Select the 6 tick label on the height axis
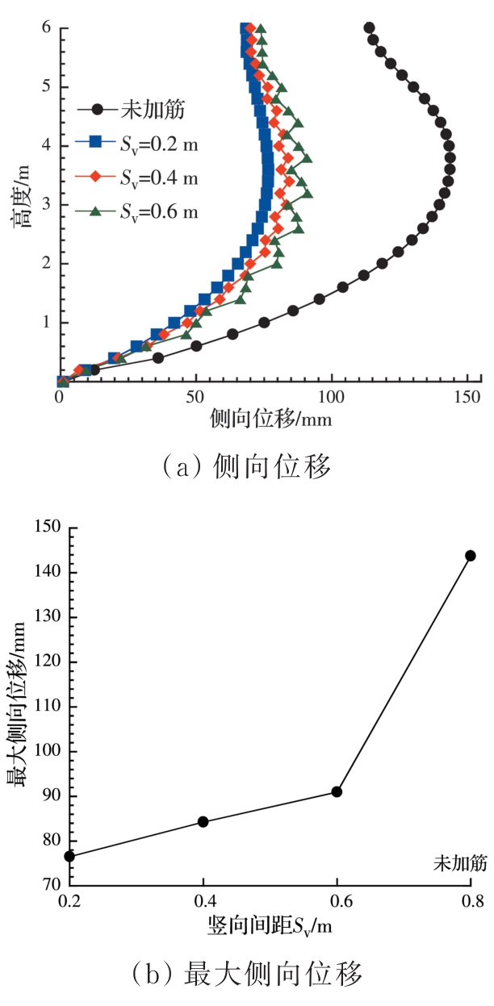47,27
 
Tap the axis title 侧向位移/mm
270,420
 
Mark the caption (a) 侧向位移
248,467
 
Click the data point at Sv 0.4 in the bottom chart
203,821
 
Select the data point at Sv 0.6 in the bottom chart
337,791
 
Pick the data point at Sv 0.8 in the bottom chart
471,555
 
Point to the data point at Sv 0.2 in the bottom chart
70,856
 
